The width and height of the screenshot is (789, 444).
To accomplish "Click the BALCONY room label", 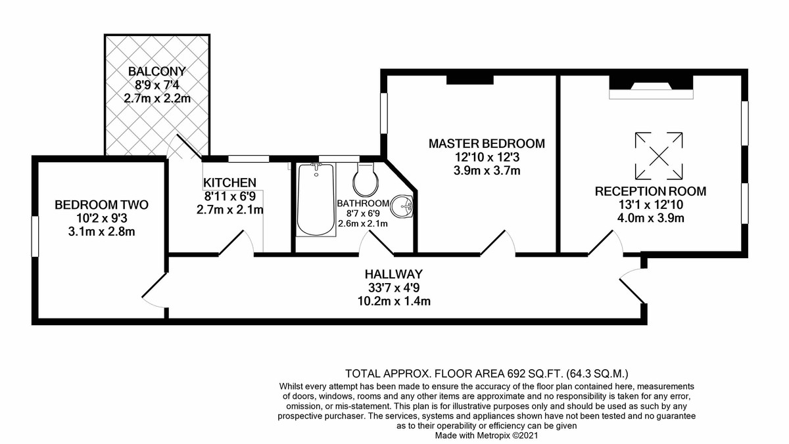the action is click(156, 72).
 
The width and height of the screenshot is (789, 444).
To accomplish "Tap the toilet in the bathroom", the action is click(366, 179).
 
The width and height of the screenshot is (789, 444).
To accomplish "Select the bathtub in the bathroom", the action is click(316, 200).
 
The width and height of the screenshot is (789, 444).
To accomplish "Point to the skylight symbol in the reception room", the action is click(659, 156).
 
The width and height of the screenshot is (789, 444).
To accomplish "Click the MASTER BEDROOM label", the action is click(487, 144).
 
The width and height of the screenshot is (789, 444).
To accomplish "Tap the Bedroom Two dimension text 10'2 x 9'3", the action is click(102, 219).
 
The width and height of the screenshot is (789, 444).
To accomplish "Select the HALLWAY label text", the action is click(393, 274).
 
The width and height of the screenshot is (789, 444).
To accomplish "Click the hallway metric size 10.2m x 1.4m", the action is click(394, 301).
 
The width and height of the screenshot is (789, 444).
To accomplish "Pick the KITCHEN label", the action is click(229, 183).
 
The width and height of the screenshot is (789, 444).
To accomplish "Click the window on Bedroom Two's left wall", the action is click(35, 236).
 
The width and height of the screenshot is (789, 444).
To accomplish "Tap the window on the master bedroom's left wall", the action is click(384, 113).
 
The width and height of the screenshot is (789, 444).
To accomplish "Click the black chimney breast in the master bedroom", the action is click(470, 80).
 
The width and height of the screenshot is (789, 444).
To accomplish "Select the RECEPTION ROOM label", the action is click(650, 191).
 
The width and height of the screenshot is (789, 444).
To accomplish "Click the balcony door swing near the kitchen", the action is click(183, 147).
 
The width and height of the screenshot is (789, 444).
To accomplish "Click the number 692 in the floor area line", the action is click(516, 373).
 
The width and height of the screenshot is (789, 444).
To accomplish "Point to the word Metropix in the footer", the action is click(493, 435).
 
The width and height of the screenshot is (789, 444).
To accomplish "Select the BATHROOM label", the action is click(363, 204).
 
